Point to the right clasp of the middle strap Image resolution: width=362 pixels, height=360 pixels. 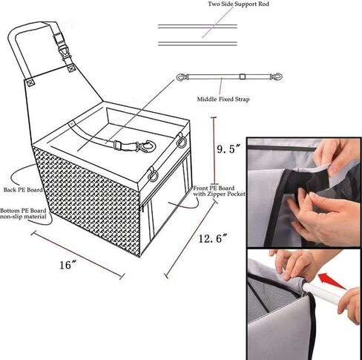275,76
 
